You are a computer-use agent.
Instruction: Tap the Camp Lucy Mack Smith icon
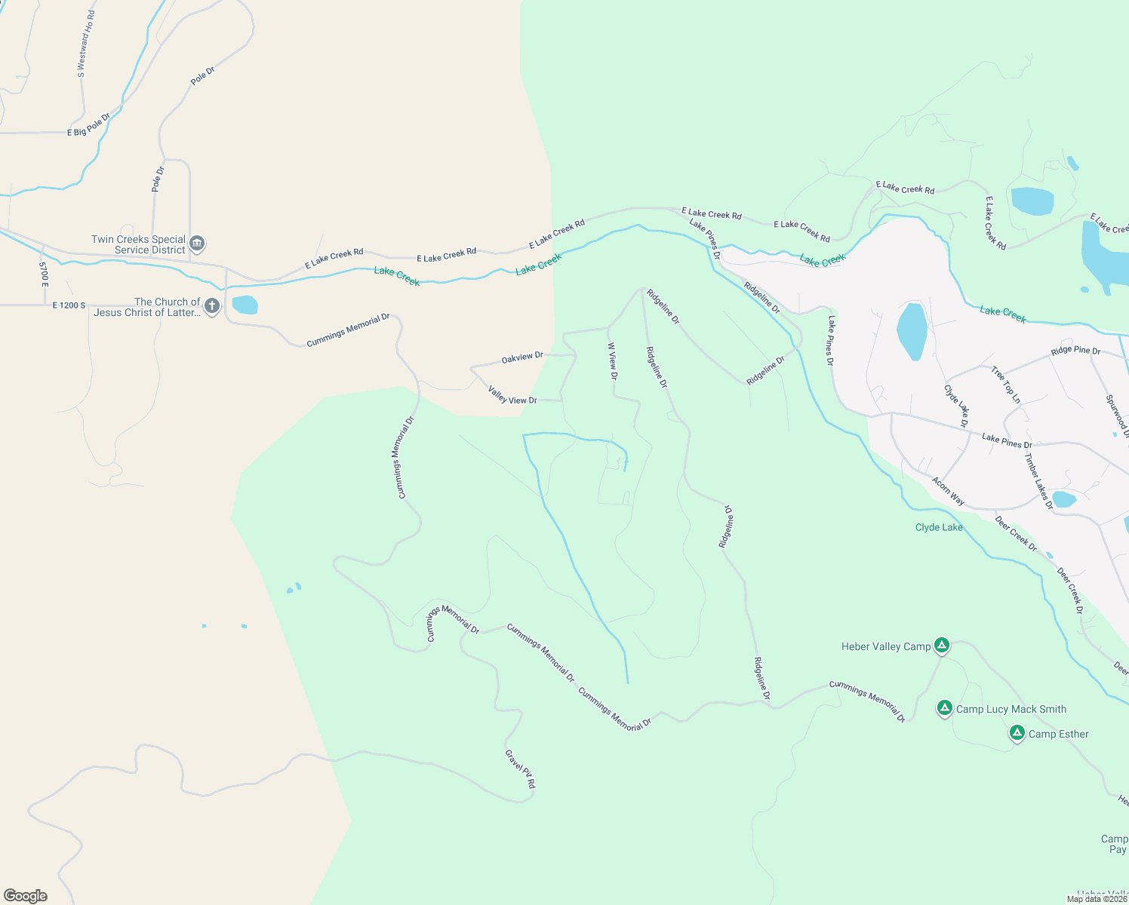click(x=944, y=708)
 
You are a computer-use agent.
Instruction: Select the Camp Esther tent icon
click(x=1017, y=732)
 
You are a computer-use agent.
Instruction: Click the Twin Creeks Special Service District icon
click(x=197, y=244)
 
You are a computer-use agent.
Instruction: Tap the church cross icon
click(x=212, y=306)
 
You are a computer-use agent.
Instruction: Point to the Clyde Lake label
click(x=939, y=527)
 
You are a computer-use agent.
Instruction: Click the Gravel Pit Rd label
click(x=520, y=768)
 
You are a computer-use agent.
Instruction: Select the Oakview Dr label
click(x=522, y=357)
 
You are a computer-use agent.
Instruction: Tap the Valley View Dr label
click(x=512, y=395)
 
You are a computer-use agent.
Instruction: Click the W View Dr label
click(x=613, y=360)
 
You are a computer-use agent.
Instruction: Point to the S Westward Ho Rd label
click(x=86, y=44)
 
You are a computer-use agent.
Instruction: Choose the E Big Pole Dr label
click(x=88, y=125)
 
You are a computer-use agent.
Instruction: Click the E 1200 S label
click(x=69, y=305)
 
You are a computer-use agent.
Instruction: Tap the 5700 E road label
click(x=44, y=274)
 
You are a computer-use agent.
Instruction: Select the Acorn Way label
click(x=948, y=491)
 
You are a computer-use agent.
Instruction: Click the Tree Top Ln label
click(x=1006, y=385)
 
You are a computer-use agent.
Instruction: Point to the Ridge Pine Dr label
click(x=1075, y=351)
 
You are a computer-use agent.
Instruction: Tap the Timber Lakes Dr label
click(x=1038, y=481)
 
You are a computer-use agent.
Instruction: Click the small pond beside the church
click(x=245, y=305)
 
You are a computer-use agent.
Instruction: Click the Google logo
click(x=26, y=896)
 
